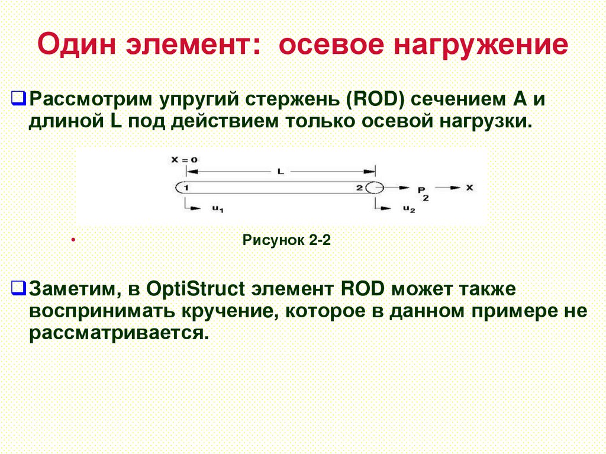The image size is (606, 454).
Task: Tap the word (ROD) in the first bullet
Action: click(x=376, y=99)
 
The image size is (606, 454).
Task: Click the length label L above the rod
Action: click(x=281, y=171)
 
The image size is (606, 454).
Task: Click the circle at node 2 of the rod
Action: click(x=374, y=188)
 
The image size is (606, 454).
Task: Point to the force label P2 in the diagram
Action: click(x=422, y=192)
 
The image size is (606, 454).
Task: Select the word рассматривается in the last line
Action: click(x=118, y=333)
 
